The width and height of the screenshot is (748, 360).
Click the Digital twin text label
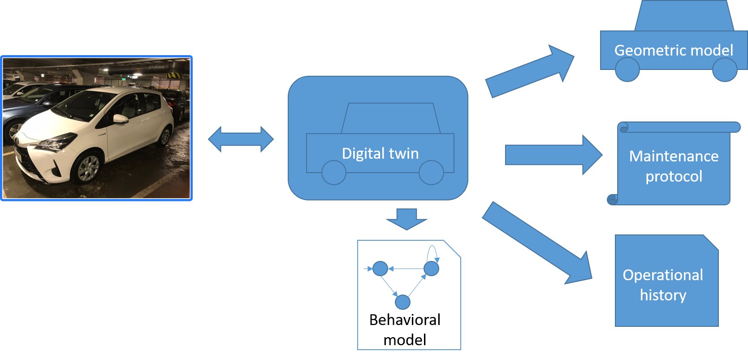click(x=380, y=153)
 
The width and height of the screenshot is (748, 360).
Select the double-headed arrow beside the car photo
click(x=241, y=139)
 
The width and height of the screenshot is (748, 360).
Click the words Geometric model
click(x=673, y=50)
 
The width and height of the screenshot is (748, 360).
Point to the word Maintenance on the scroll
click(x=673, y=156)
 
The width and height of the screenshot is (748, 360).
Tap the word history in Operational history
click(x=663, y=295)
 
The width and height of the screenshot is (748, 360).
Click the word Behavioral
click(x=405, y=320)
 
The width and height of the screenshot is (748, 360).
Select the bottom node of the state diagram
click(x=402, y=302)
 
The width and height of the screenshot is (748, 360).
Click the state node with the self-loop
click(x=431, y=269)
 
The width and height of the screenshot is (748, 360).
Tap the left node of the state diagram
click(x=380, y=269)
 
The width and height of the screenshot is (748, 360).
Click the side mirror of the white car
click(x=120, y=119)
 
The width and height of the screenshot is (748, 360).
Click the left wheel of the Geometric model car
click(x=627, y=69)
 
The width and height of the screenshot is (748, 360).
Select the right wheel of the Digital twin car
click(x=431, y=173)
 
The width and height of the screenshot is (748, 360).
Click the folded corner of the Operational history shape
click(x=712, y=242)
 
